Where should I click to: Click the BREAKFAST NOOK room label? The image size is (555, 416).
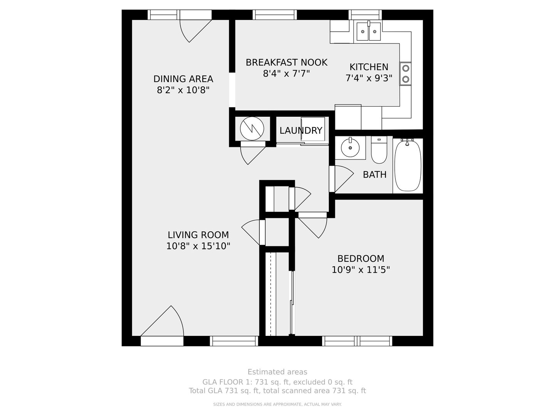(x=286, y=62)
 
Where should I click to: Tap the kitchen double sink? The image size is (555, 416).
(x=368, y=31)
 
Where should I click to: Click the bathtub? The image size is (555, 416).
(x=408, y=166)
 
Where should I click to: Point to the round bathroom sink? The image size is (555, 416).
(x=350, y=148)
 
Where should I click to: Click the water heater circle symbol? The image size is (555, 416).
(x=252, y=129)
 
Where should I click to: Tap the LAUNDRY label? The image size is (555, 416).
(x=301, y=131)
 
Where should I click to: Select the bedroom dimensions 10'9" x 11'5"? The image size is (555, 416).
(x=361, y=270)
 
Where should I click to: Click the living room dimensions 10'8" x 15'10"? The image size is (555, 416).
(x=198, y=246)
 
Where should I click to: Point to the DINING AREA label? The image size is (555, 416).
(x=183, y=79)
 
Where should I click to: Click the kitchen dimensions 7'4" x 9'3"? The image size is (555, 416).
(x=369, y=78)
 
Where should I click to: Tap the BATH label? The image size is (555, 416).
(x=375, y=174)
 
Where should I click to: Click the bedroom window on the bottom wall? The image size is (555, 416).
(x=357, y=341)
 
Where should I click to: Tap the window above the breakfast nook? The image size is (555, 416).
(x=274, y=15)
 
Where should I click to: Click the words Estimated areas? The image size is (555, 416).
(x=277, y=372)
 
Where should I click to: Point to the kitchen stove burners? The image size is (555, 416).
(x=405, y=74)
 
